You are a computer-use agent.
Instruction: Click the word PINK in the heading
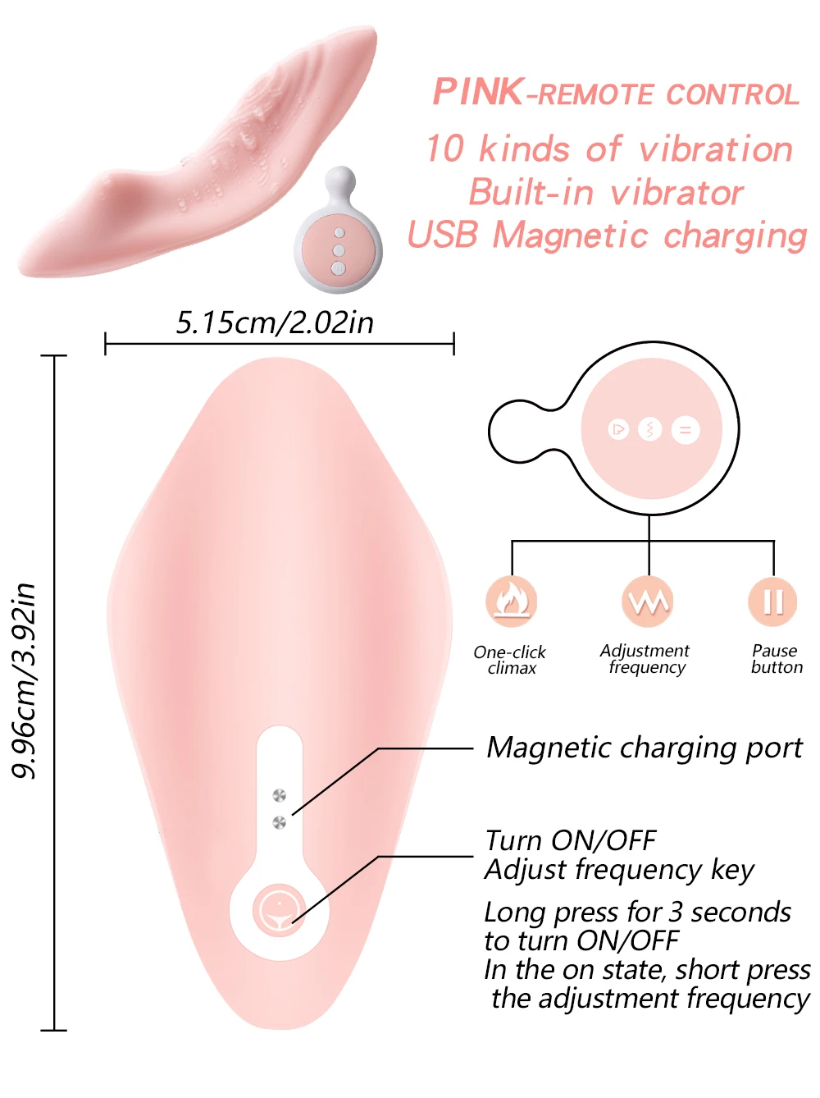[478, 92]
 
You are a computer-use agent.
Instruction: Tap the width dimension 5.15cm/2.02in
[275, 323]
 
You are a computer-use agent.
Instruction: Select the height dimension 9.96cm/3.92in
[25, 680]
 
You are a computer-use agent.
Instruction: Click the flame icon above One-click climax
[512, 601]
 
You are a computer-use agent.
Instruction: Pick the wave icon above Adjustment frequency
[648, 602]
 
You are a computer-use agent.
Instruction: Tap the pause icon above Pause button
[772, 601]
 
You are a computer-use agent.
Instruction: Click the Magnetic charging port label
[645, 748]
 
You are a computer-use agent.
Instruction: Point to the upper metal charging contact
[279, 795]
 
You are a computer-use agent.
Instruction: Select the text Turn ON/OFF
[571, 840]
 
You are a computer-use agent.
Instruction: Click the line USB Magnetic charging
[608, 236]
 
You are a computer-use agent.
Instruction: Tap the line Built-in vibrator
[606, 193]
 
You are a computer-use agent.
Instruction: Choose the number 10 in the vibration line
[445, 149]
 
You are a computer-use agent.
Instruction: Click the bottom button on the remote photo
[338, 268]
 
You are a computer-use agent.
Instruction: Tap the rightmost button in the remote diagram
[686, 429]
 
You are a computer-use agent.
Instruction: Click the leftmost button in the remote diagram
[618, 429]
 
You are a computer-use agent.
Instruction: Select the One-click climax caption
[510, 660]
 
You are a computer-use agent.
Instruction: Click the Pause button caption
[776, 659]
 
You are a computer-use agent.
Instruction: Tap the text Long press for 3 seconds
[637, 913]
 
